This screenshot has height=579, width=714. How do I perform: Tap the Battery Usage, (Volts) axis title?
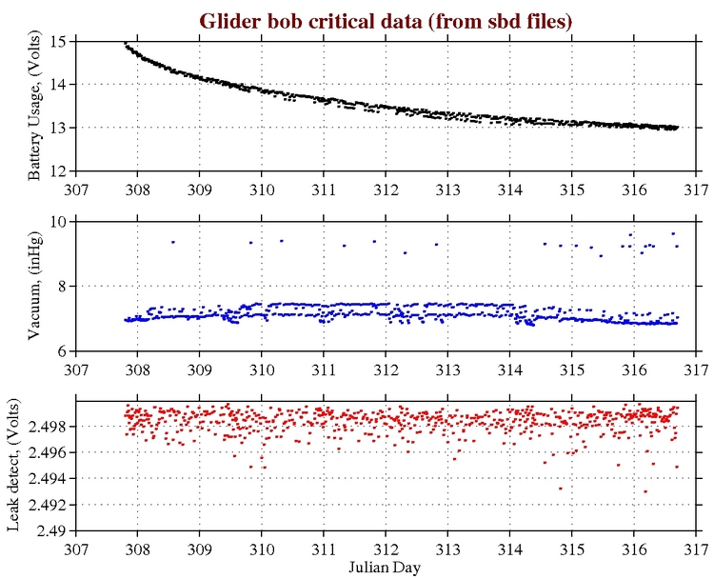[35, 107]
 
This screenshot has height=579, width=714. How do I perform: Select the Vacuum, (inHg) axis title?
[35, 286]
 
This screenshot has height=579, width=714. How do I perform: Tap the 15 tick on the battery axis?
[60, 41]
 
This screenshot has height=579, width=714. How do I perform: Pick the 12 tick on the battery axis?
[60, 171]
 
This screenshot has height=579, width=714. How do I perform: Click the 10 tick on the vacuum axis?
[60, 221]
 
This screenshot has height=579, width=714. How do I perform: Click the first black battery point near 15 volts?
[126, 44]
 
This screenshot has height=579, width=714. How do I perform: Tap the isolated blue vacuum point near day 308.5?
[172, 242]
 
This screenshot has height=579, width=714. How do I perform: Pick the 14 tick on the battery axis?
[60, 85]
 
